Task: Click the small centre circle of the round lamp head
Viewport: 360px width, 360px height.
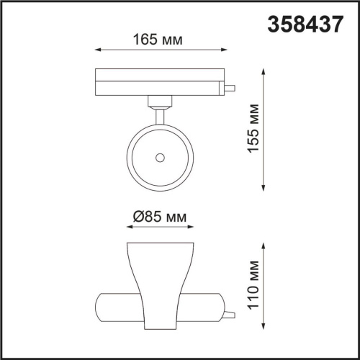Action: pyautogui.click(x=159, y=156)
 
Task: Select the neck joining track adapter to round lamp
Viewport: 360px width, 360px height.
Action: pyautogui.click(x=158, y=105)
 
